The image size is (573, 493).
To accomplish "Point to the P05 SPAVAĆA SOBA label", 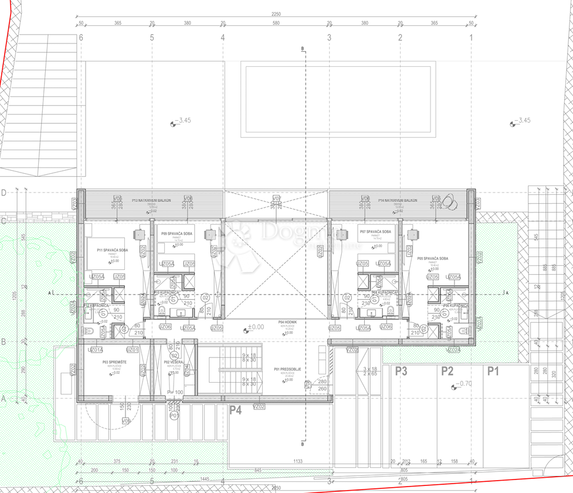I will click(x=433, y=258).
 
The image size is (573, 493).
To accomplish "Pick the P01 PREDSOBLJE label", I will click(x=287, y=369).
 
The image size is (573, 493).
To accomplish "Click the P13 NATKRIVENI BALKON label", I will click(x=151, y=200).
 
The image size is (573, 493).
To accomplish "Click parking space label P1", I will click(x=493, y=371).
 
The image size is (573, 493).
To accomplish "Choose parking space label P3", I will click(x=401, y=371).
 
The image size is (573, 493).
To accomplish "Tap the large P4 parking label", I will click(x=235, y=410).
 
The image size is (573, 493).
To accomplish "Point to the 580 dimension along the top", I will click(x=276, y=23).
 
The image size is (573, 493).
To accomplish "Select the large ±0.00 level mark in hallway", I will click(x=254, y=327).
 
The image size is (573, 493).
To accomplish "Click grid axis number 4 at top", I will click(x=222, y=38).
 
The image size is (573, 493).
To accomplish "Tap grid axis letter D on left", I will click(x=4, y=193).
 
